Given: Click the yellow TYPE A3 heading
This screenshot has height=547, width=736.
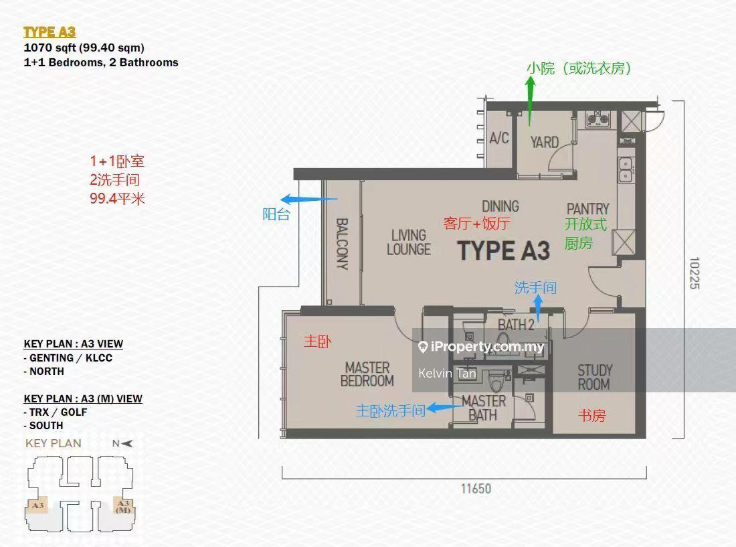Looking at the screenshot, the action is click(50, 32).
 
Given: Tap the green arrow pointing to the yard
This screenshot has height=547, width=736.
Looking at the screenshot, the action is click(531, 101).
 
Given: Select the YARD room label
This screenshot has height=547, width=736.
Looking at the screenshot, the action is click(545, 142).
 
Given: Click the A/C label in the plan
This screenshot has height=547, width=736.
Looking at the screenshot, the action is click(499, 138).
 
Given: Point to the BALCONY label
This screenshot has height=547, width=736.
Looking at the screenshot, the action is click(342, 244).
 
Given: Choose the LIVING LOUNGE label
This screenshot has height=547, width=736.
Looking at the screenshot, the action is click(409, 242).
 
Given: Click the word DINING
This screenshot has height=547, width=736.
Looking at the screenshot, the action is click(500, 206).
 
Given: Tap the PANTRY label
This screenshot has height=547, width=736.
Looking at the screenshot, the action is click(587, 209).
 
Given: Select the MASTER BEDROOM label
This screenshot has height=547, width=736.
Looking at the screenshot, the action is click(367, 374).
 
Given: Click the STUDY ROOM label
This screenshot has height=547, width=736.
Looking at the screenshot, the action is click(594, 377).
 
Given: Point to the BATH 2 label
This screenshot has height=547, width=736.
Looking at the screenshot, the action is click(516, 325).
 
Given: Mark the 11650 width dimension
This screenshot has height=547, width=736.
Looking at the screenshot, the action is click(476, 488).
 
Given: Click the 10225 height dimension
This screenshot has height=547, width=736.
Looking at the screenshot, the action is click(695, 272).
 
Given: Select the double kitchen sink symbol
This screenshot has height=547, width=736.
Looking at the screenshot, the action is click(625, 170).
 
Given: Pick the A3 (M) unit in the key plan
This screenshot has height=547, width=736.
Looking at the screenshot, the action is click(123, 506).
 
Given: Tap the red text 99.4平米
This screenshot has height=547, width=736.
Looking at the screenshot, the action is click(117, 199).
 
